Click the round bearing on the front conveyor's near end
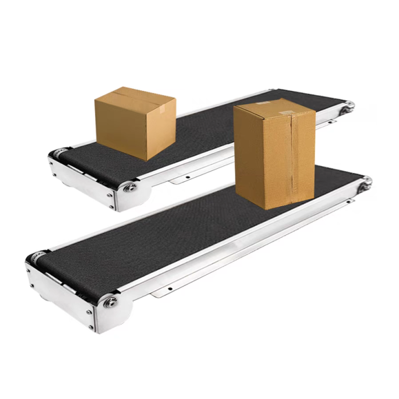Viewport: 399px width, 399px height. coord(111,302)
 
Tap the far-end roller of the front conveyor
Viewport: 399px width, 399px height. coord(366,182)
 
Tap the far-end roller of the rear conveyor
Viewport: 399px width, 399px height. coord(349,107)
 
